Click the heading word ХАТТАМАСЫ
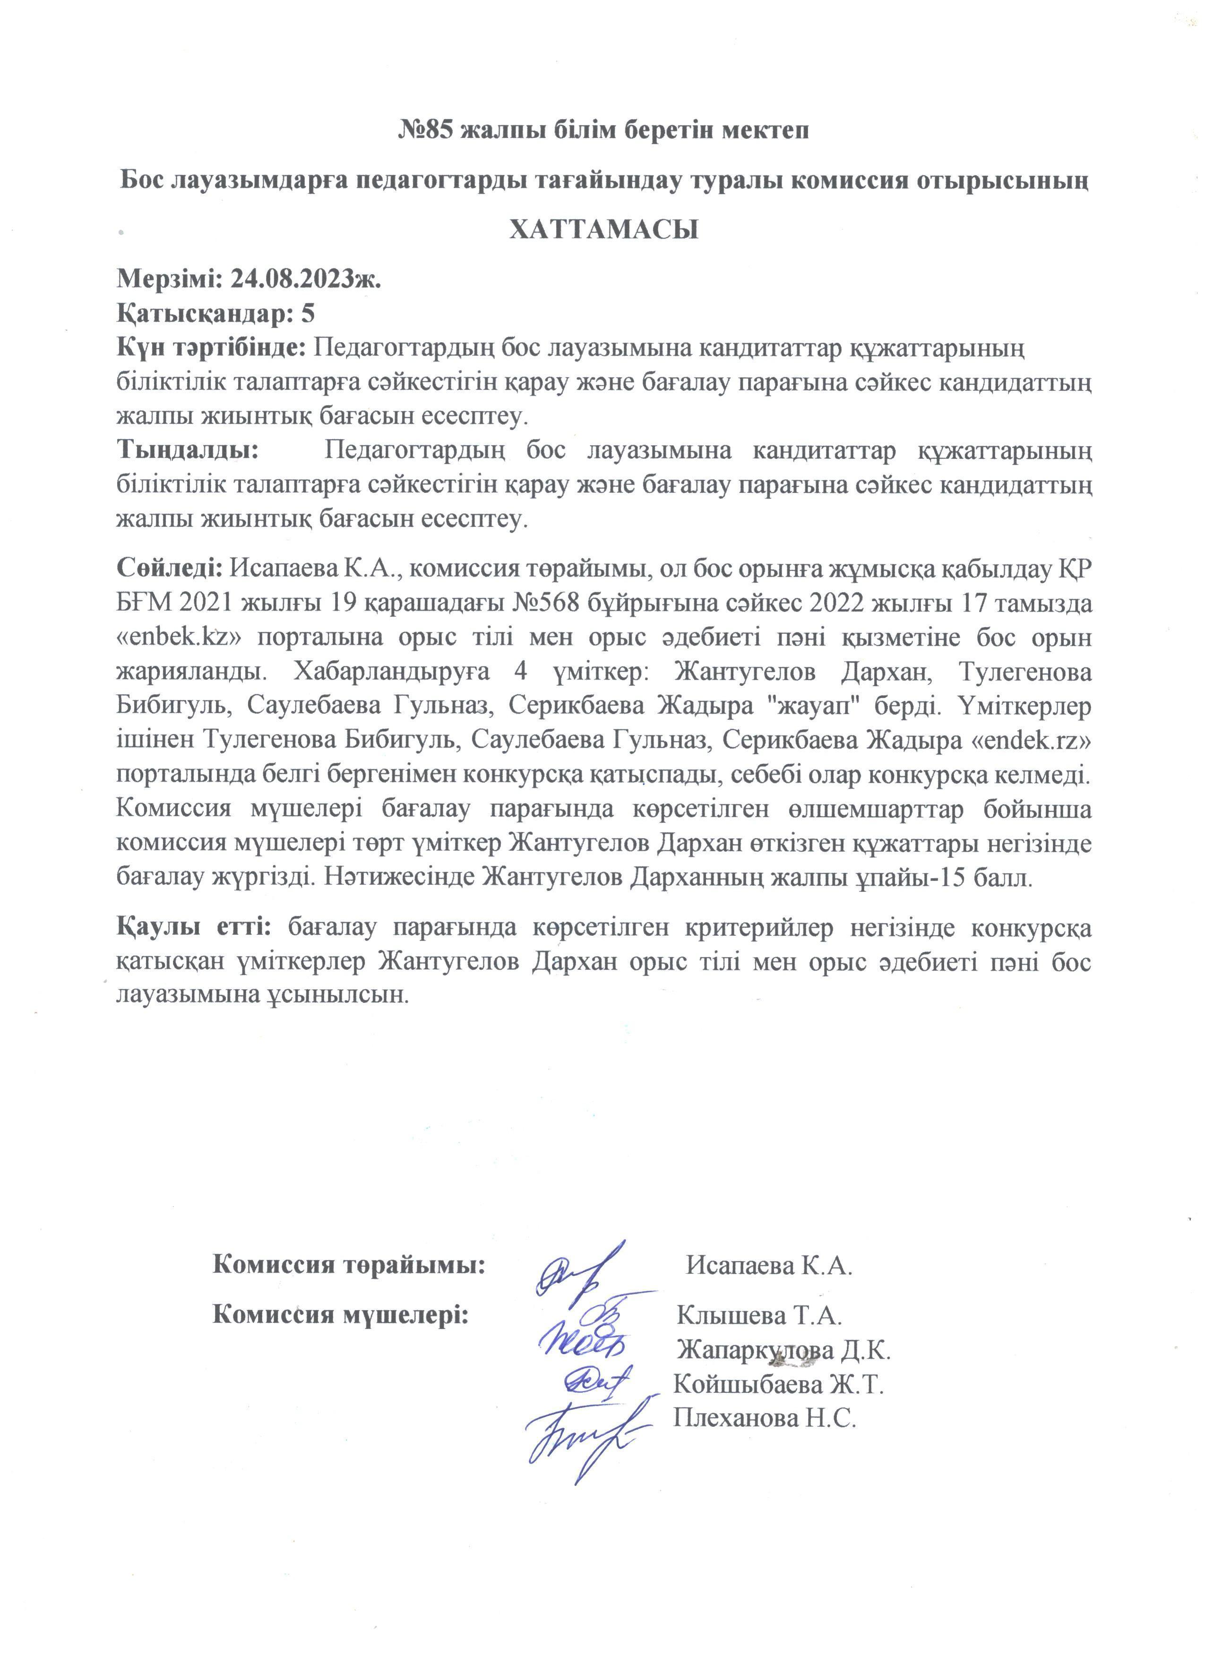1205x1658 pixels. [603, 230]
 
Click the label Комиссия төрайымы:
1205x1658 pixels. [349, 1263]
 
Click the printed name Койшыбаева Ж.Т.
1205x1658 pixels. [778, 1384]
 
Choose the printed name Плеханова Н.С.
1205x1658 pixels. [764, 1418]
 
